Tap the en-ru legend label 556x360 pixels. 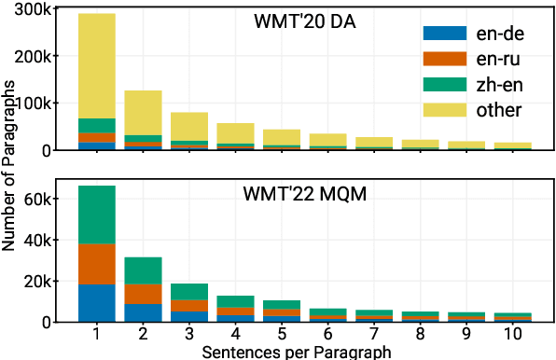pos(501,59)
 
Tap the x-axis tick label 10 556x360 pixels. pos(513,335)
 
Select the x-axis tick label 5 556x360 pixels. pos(282,335)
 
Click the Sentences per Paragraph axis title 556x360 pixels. pos(282,352)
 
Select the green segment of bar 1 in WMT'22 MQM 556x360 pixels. pos(97,215)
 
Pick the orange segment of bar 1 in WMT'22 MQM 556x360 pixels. pos(97,264)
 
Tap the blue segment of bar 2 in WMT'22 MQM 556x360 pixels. pos(143,312)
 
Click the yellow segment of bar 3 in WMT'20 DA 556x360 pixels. pos(189,126)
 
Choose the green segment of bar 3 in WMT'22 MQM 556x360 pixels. pos(189,291)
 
